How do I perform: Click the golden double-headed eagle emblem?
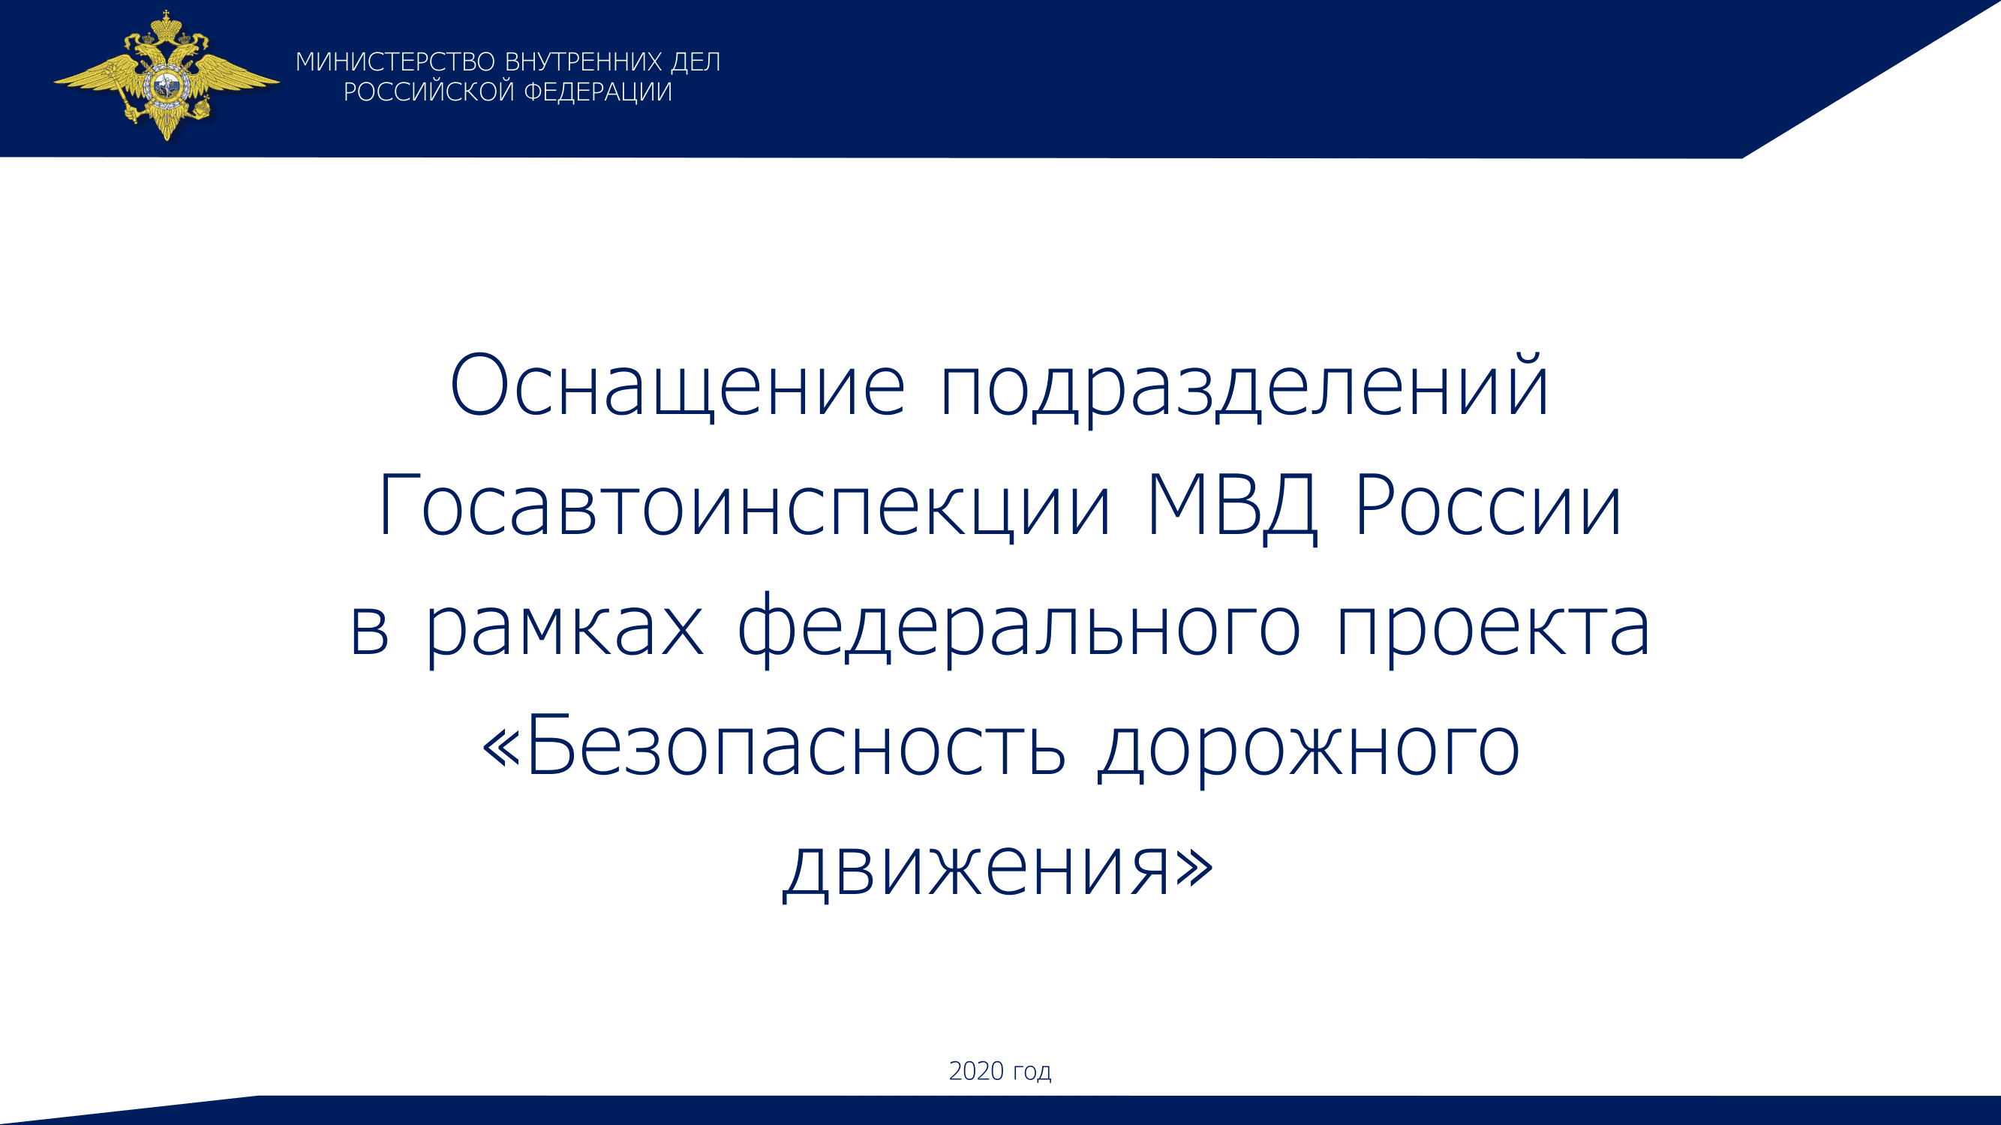point(167,75)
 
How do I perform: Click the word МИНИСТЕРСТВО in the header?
point(395,62)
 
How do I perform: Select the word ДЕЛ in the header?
point(696,63)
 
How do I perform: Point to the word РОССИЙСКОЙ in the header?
point(429,91)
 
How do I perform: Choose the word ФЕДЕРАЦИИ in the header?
point(598,92)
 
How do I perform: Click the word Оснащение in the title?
point(678,385)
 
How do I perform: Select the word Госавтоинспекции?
point(744,506)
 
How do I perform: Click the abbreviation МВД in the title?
point(1233,506)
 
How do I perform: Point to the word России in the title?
point(1489,506)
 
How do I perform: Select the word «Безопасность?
point(774,746)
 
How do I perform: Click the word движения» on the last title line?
point(997,867)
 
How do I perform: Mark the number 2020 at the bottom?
point(976,1071)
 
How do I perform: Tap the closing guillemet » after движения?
point(1194,867)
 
